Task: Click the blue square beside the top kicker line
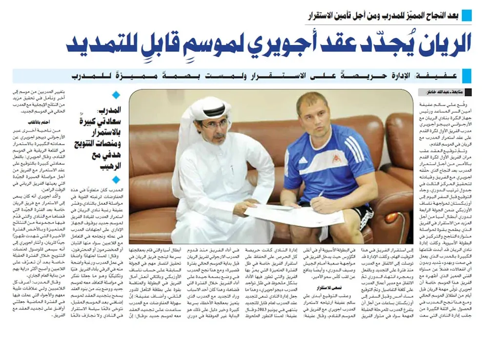[467, 14]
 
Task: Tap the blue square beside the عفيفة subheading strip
[467, 76]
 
